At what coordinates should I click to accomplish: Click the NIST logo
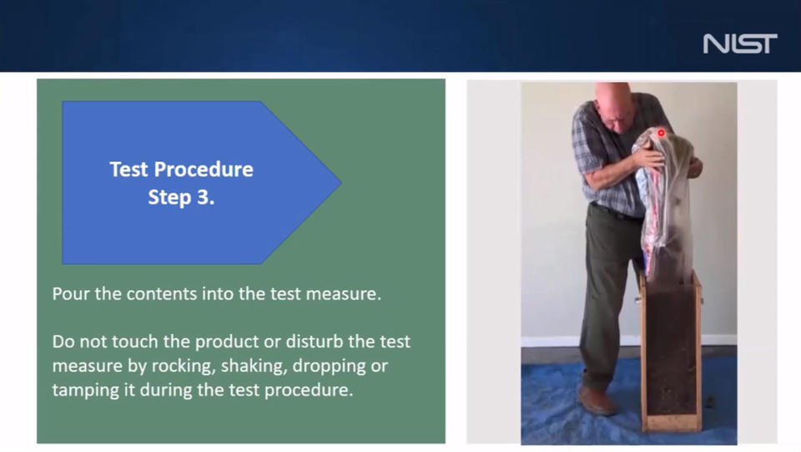[740, 43]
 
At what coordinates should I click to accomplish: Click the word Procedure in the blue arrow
[204, 170]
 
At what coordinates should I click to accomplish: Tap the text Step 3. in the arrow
[181, 197]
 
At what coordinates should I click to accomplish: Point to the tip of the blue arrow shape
[341, 182]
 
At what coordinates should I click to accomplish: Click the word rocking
[184, 366]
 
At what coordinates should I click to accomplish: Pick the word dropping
[330, 366]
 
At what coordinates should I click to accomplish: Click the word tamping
[85, 390]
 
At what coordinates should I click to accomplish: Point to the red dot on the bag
[661, 133]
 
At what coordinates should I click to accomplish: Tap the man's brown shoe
[596, 400]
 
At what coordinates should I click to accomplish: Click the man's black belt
[616, 211]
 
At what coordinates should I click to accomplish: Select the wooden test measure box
[671, 352]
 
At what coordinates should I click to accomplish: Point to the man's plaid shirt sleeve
[583, 142]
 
